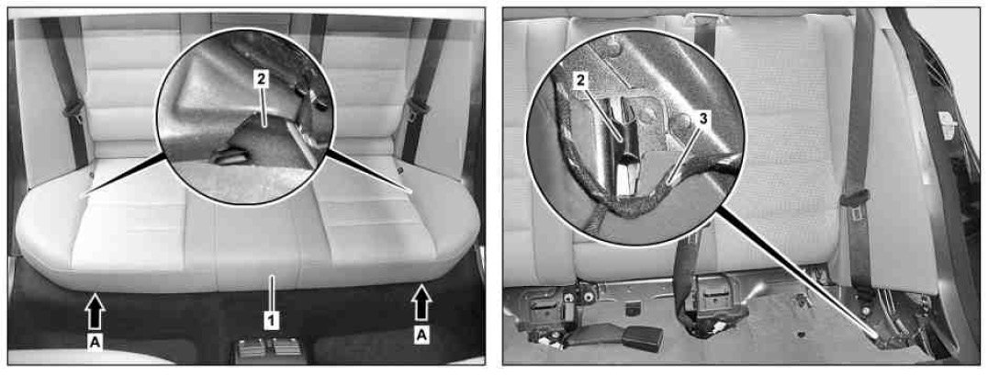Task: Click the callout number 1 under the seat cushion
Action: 271,321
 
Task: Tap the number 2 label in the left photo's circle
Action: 261,79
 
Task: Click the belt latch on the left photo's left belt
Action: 74,109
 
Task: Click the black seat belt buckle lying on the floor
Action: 642,339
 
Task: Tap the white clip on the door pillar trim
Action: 947,120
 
